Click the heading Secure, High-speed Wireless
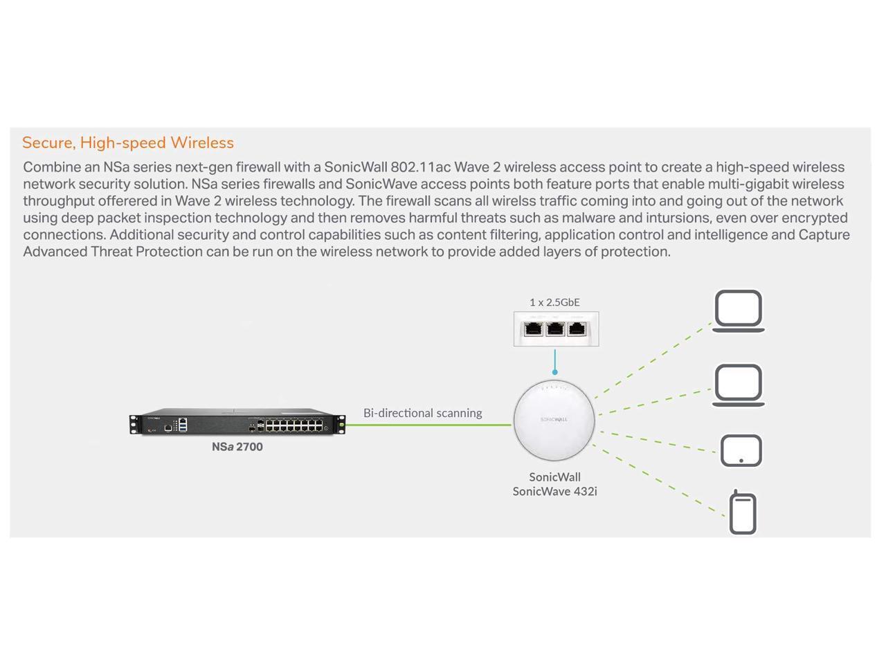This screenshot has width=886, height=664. point(128,143)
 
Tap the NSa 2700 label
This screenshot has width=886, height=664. point(237,447)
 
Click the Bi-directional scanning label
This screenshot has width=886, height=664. point(422,413)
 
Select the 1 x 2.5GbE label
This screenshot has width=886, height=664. point(554,302)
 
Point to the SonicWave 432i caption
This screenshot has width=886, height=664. point(554,484)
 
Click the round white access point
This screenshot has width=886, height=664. point(554,420)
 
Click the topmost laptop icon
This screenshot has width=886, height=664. point(739,311)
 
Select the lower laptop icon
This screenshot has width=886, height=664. point(739,385)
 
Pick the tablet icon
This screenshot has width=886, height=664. point(741,451)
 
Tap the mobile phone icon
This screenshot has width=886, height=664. point(743,513)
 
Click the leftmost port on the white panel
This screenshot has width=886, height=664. point(533,329)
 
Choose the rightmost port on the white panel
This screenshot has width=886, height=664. point(577,329)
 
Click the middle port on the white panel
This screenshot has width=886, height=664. point(555,329)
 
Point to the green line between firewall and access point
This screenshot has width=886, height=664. point(429,425)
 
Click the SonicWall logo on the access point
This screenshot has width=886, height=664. point(554,419)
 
